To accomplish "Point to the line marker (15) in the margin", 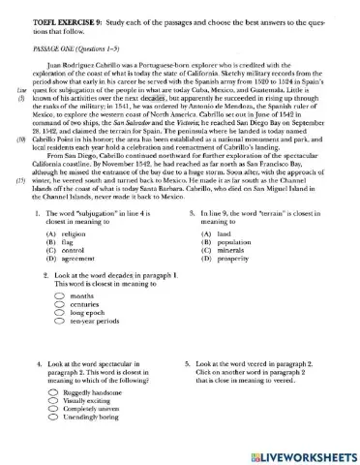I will (x=20, y=180).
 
